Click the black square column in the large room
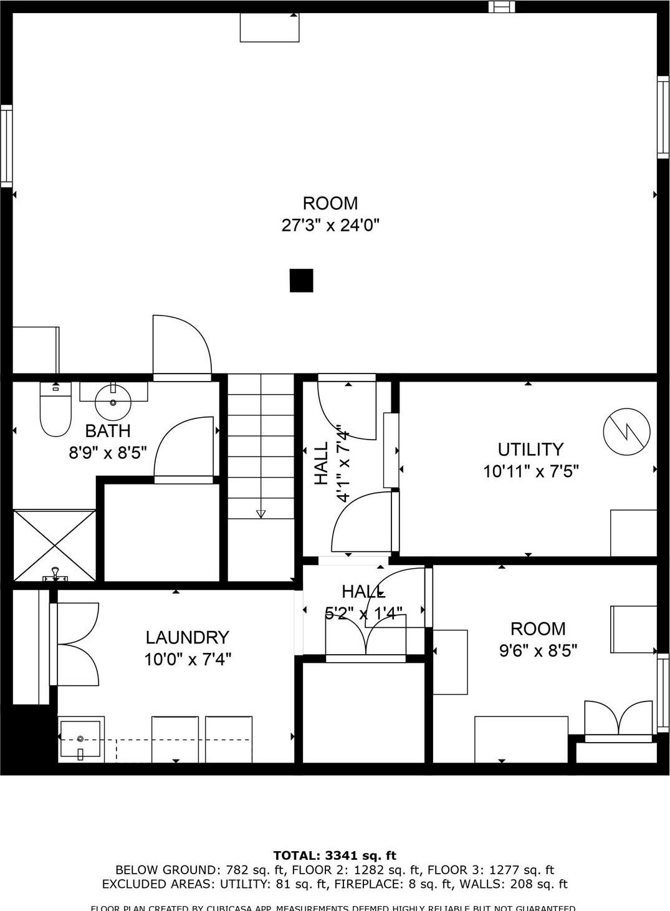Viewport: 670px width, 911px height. click(x=301, y=281)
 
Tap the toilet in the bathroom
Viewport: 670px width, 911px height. click(x=55, y=412)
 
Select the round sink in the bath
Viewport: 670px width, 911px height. click(x=113, y=402)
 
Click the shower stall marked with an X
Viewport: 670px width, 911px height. click(x=55, y=546)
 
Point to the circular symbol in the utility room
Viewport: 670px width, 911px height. click(x=626, y=431)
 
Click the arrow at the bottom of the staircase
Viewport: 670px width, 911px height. click(x=261, y=514)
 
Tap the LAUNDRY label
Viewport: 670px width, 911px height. click(x=187, y=637)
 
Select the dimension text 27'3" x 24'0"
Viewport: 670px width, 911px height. click(x=330, y=225)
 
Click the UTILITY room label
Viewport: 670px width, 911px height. click(x=530, y=449)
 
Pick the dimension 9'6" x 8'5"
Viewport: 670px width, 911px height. click(x=538, y=650)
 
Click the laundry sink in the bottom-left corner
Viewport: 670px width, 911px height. click(x=80, y=740)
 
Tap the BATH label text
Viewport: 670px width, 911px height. click(x=108, y=431)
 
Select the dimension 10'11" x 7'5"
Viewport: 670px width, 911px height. click(x=530, y=471)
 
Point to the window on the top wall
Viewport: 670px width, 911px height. click(x=502, y=7)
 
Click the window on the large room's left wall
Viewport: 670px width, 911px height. click(x=6, y=146)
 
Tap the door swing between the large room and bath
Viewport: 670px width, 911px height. click(x=182, y=346)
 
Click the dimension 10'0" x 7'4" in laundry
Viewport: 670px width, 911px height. click(x=188, y=659)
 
